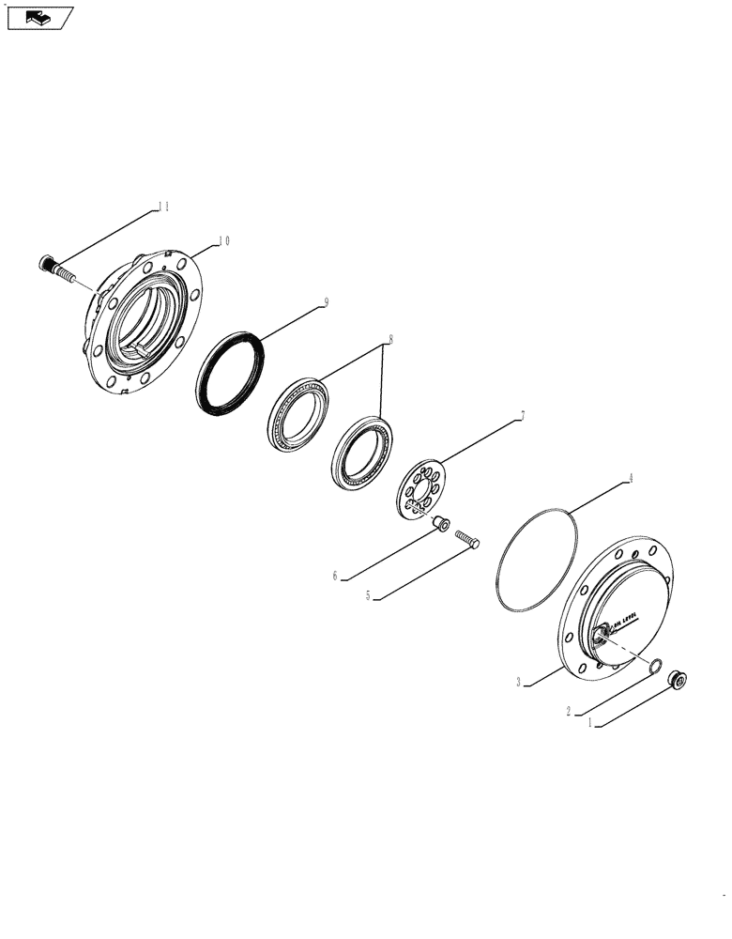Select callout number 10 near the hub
pyautogui.click(x=223, y=240)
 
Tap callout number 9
pyautogui.click(x=325, y=302)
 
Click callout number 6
pyautogui.click(x=334, y=576)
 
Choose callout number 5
pyautogui.click(x=369, y=595)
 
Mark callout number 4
pyautogui.click(x=631, y=478)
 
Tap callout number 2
pyautogui.click(x=569, y=711)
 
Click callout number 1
pyautogui.click(x=589, y=724)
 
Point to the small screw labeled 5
pyautogui.click(x=467, y=538)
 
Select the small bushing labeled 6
pyautogui.click(x=442, y=524)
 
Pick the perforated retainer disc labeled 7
pyautogui.click(x=420, y=488)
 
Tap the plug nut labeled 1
pyautogui.click(x=675, y=679)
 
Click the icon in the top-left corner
pyautogui.click(x=38, y=16)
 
